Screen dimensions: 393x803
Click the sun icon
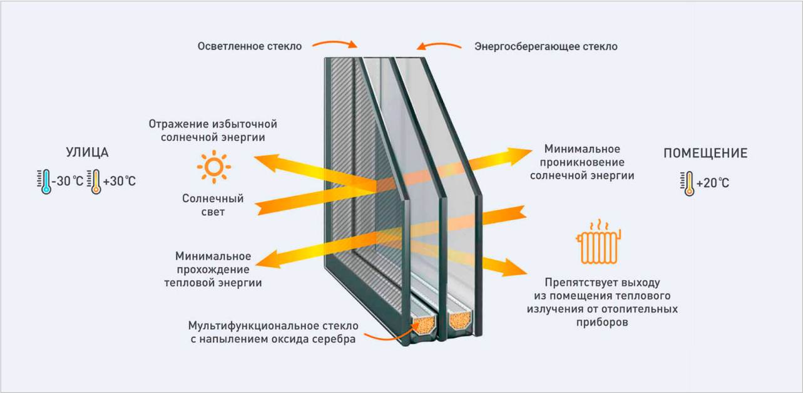[213, 166]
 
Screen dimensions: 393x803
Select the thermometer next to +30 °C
[96, 181]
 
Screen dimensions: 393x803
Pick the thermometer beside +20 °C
[688, 183]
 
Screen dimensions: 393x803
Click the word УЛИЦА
[87, 153]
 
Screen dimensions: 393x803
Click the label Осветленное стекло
[250, 46]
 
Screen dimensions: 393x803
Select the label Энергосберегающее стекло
[546, 46]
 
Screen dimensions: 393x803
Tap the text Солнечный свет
[213, 205]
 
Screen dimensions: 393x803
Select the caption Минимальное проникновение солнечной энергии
[582, 162]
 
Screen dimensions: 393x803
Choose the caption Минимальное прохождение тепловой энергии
[213, 269]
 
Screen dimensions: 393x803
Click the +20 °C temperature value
[713, 183]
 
